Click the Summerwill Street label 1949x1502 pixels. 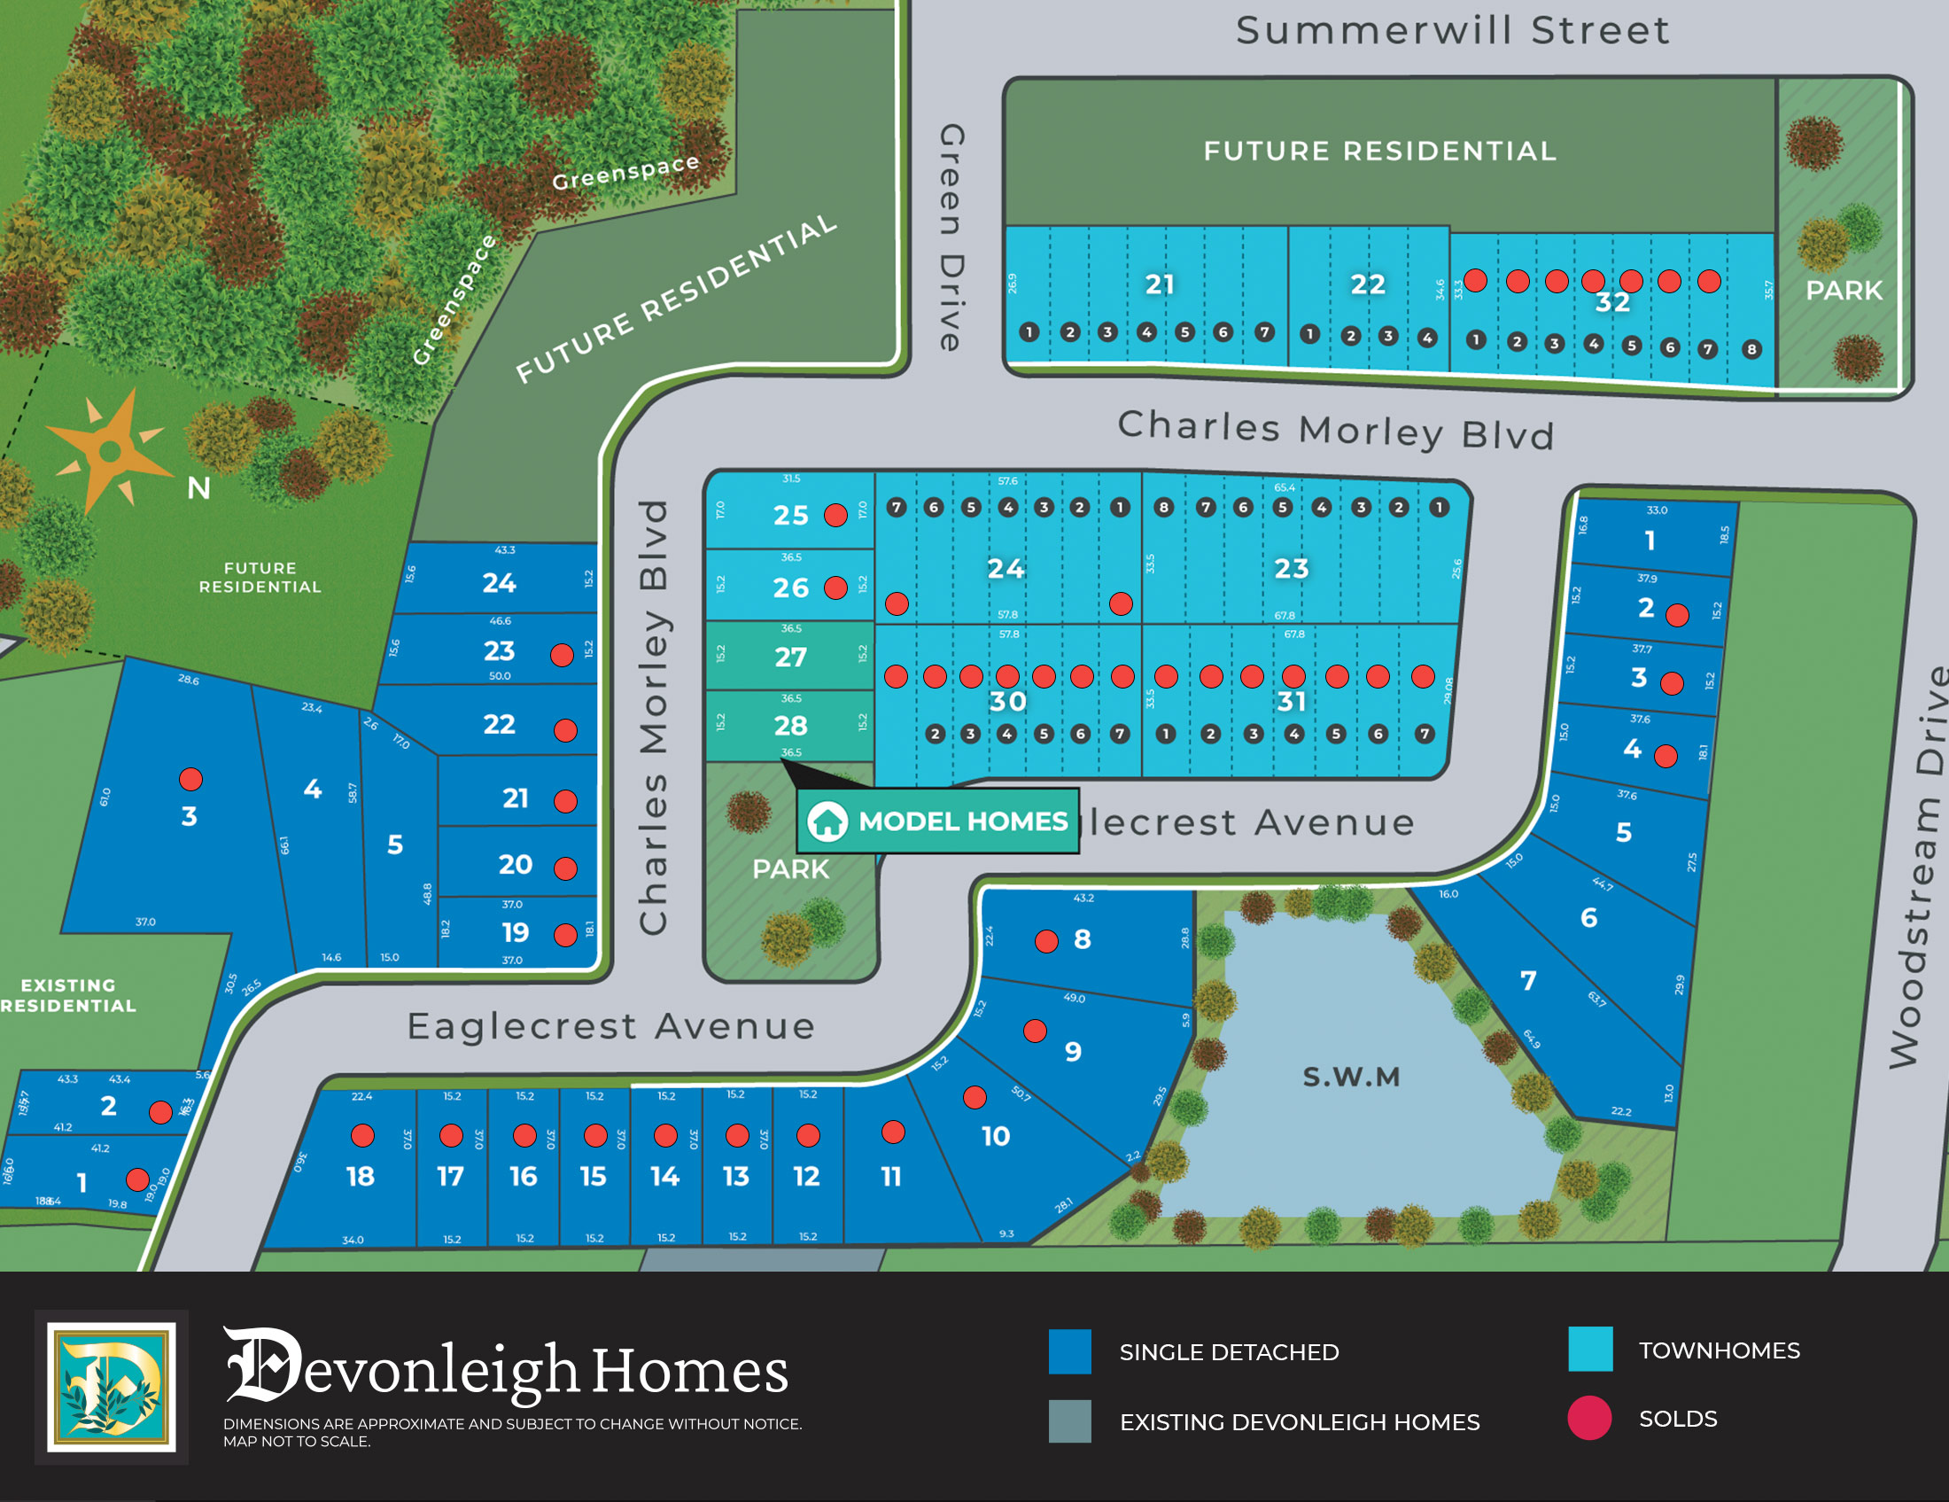[x=1452, y=30]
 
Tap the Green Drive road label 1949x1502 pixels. [x=952, y=237]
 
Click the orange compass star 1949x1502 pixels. [x=110, y=452]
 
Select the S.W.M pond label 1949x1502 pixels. [x=1351, y=1077]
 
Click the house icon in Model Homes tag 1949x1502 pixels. [x=827, y=821]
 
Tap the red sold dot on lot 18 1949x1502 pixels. [x=362, y=1135]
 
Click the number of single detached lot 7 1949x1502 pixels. [x=1528, y=980]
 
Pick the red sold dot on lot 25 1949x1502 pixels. [x=835, y=515]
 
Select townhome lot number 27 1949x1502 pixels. [x=789, y=657]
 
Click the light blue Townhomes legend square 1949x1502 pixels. [x=1590, y=1349]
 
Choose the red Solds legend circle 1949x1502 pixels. [x=1589, y=1418]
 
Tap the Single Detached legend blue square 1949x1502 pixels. [x=1070, y=1351]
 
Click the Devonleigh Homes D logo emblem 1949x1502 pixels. [x=112, y=1387]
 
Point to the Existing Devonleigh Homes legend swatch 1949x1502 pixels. [x=1070, y=1420]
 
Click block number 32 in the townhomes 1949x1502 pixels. [x=1612, y=301]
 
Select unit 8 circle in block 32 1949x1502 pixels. [x=1751, y=349]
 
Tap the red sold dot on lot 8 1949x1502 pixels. [x=1047, y=941]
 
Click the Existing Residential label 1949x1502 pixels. [x=68, y=995]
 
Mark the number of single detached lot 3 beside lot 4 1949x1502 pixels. [x=189, y=816]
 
